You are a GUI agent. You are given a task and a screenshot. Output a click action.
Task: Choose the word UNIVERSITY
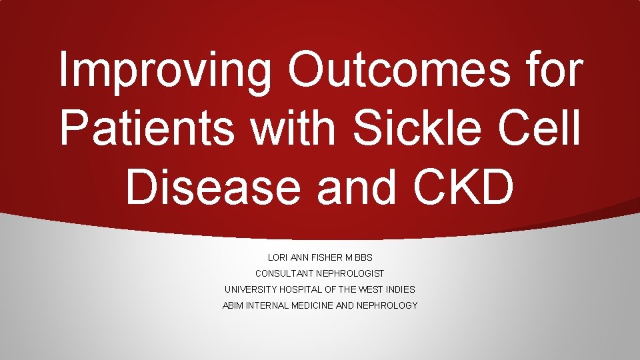pyautogui.click(x=249, y=289)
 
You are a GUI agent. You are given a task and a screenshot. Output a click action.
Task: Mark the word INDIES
pyautogui.click(x=401, y=289)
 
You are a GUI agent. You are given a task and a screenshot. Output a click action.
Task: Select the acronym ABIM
pyautogui.click(x=233, y=305)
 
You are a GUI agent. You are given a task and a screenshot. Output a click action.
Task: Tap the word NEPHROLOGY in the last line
pyautogui.click(x=389, y=305)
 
